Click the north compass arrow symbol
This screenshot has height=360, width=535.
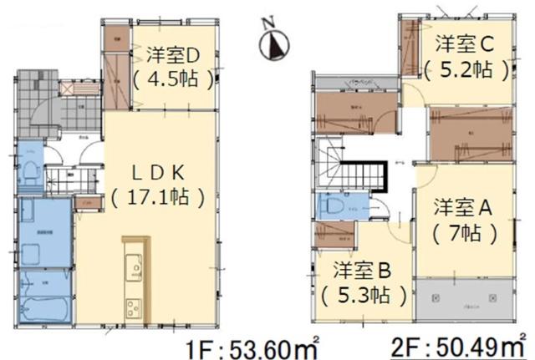[x=274, y=44]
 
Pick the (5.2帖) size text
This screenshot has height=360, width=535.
[x=466, y=69]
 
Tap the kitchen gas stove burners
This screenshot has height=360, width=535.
[x=133, y=303]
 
